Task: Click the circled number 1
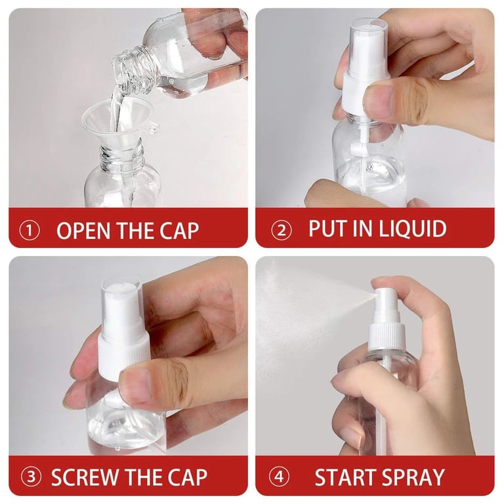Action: click(29, 231)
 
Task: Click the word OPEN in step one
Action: click(80, 231)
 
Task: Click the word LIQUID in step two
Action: click(413, 229)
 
